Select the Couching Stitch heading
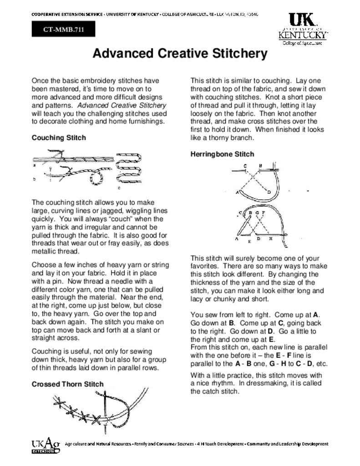(59, 137)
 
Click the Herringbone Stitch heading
(222, 154)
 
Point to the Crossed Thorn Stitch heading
(67, 384)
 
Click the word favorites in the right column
(206, 266)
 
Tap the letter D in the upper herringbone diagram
(269, 192)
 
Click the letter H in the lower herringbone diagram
(270, 238)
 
